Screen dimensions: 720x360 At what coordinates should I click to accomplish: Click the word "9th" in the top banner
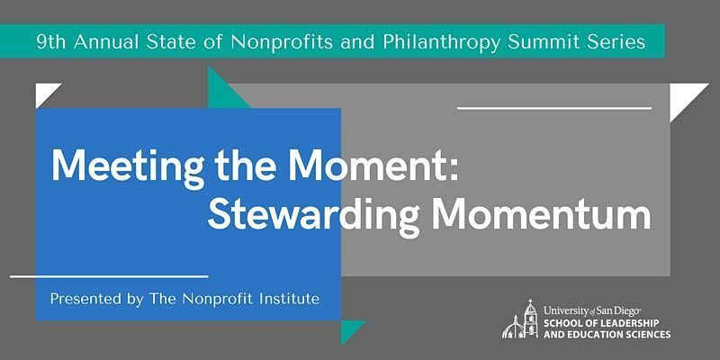(52, 41)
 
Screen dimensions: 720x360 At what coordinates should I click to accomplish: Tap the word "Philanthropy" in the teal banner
(441, 42)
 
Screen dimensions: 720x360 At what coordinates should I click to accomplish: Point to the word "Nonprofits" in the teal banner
(282, 41)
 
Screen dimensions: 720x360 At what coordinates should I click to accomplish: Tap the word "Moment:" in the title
(373, 165)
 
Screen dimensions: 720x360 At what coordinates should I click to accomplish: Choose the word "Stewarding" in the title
(314, 218)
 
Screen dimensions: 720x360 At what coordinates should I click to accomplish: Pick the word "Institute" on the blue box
(289, 299)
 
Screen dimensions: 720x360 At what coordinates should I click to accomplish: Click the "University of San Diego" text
(592, 310)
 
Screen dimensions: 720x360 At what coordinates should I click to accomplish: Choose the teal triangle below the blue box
(349, 328)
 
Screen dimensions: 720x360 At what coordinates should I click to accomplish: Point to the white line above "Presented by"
(109, 276)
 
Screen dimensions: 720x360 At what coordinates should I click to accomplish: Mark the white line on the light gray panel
(554, 108)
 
